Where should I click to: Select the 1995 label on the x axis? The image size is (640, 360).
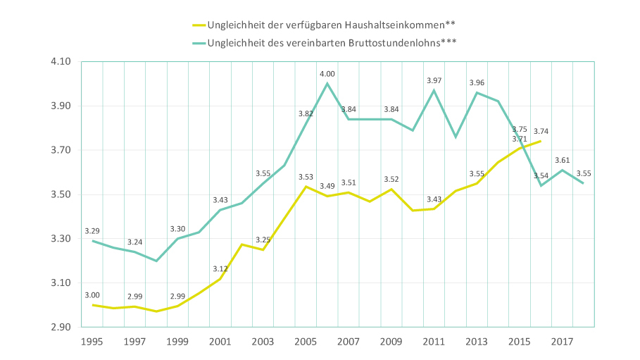92,342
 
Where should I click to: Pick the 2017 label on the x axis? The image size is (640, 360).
562,342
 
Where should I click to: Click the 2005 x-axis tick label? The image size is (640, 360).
306,342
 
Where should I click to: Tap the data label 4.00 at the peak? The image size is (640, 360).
327,73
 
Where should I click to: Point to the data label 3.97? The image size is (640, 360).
434,80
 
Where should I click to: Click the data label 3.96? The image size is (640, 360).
477,82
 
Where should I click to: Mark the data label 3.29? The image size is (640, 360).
92,231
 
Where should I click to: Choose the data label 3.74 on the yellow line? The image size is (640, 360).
541,131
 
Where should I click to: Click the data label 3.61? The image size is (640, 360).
562,160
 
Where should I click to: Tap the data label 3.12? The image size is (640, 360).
220,268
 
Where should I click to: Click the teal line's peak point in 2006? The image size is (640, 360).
327,84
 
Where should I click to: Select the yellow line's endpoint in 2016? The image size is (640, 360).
541,141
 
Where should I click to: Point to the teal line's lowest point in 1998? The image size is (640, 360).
156,261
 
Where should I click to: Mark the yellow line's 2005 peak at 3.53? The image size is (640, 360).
306,187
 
